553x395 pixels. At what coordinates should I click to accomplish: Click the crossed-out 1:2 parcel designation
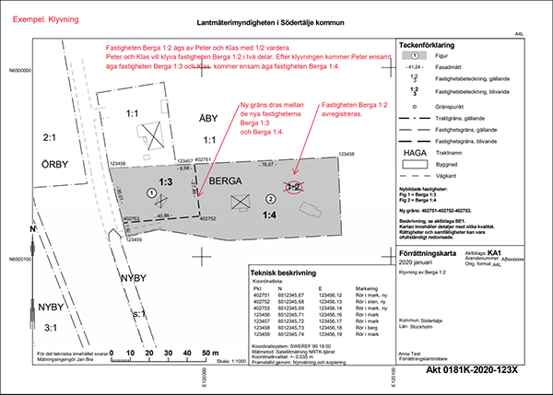(x=294, y=187)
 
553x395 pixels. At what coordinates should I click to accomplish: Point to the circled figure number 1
(x=150, y=192)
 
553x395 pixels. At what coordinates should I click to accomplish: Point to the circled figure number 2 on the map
(x=270, y=199)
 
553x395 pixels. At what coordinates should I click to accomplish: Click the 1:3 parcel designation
(x=167, y=183)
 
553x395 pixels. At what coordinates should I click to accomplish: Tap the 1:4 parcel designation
(x=269, y=215)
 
